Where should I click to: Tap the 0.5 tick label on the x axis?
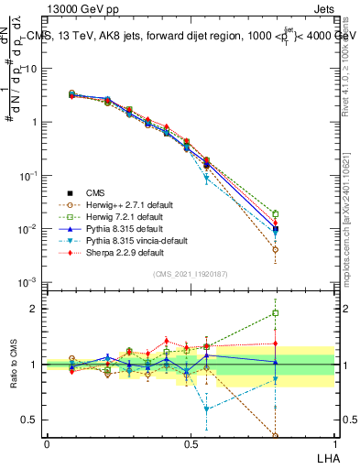(191, 442)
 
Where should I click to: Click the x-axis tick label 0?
(47, 442)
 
